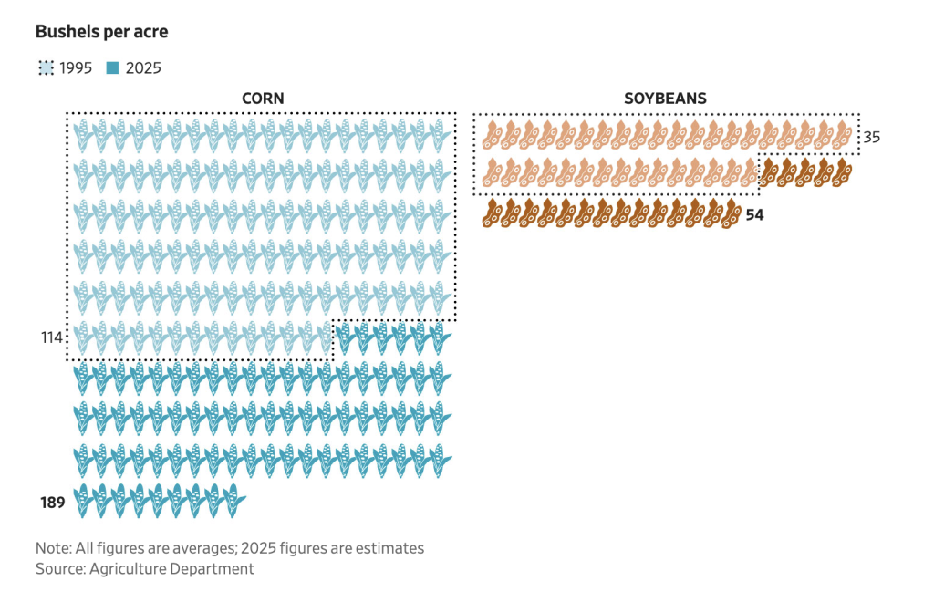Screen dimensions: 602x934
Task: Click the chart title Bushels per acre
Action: click(x=101, y=32)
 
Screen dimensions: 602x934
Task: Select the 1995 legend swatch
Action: click(x=46, y=67)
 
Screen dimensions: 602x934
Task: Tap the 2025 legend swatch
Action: click(x=113, y=67)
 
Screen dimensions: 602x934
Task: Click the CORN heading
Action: click(x=263, y=99)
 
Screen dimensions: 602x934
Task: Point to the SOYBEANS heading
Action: click(x=665, y=99)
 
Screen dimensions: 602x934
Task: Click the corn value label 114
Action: click(x=50, y=338)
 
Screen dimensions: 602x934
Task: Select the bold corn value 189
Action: click(x=53, y=502)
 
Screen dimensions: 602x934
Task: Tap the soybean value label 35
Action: click(x=872, y=138)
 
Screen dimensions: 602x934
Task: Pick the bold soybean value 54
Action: click(x=755, y=215)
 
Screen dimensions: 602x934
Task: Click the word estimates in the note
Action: click(x=388, y=549)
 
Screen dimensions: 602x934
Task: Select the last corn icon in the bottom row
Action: click(x=234, y=502)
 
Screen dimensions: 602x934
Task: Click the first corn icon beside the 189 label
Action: click(x=84, y=502)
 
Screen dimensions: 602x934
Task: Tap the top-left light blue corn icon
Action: click(x=84, y=136)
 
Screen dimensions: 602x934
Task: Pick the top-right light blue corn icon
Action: click(x=441, y=136)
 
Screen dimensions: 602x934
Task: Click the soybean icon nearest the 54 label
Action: click(x=732, y=213)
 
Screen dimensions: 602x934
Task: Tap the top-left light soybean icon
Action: click(x=493, y=135)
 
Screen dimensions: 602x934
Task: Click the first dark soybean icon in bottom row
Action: click(x=493, y=213)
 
